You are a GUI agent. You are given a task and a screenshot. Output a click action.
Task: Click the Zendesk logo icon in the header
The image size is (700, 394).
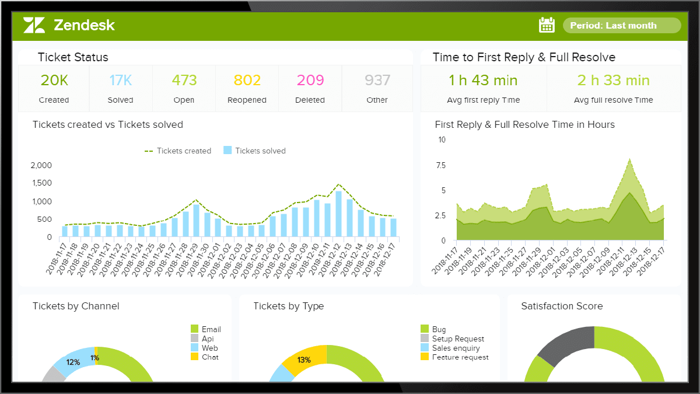[x=34, y=25]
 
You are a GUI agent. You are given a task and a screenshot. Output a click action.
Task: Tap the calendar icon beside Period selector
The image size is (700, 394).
[x=547, y=25]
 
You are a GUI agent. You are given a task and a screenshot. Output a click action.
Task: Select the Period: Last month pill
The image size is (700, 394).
[x=621, y=26]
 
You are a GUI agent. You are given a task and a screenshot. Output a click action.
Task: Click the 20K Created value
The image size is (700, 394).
[x=54, y=81]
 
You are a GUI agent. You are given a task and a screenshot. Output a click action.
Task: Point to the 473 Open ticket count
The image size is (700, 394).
[x=184, y=81]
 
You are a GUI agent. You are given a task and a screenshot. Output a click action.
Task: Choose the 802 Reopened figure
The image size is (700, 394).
[x=247, y=81]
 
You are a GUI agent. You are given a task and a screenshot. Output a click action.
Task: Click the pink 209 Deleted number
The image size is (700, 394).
[x=310, y=81]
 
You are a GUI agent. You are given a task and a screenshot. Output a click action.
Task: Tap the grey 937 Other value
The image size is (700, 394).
[x=377, y=81]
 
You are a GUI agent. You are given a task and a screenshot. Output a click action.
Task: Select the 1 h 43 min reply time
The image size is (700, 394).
[x=483, y=81]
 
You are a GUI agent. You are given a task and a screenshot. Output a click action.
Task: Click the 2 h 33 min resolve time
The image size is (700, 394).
[x=613, y=81]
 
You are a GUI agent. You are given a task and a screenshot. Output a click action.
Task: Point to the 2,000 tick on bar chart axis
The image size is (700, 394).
[x=41, y=166]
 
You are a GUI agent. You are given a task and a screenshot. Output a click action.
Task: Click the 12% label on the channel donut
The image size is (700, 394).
[x=73, y=362]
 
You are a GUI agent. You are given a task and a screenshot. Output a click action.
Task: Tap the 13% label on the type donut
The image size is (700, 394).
[x=304, y=360]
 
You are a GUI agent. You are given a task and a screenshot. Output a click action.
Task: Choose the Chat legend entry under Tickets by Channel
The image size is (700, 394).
[x=209, y=357]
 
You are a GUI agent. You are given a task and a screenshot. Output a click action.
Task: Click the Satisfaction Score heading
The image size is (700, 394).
[x=562, y=306]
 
